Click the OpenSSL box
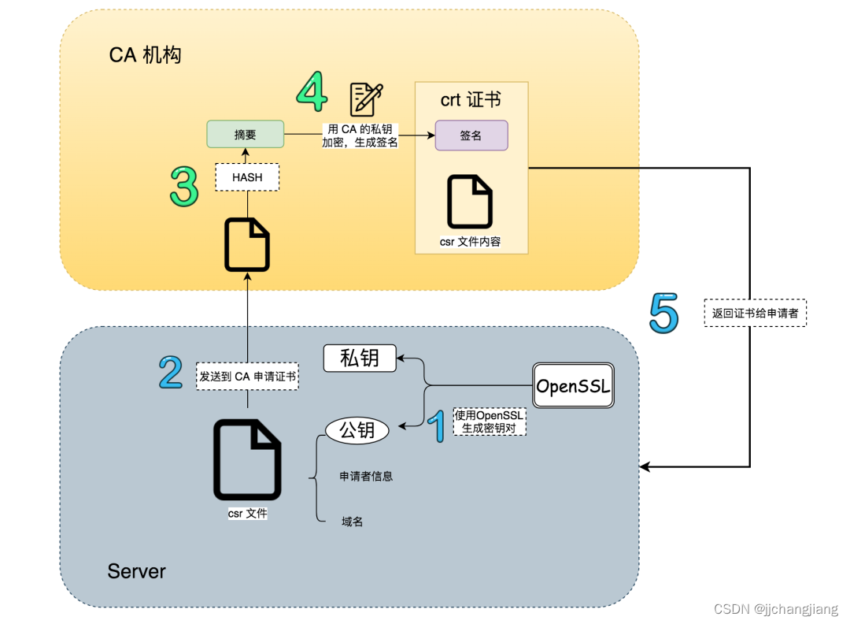click(573, 385)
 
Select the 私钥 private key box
click(360, 358)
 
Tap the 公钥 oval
click(357, 430)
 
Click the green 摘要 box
click(245, 135)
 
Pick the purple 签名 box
click(471, 136)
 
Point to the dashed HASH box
click(247, 177)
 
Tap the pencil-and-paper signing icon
click(366, 99)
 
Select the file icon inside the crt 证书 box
click(470, 202)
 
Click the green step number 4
click(312, 93)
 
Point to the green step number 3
click(184, 187)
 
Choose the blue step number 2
click(171, 373)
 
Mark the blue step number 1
click(438, 425)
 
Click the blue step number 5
click(663, 313)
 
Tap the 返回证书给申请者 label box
click(756, 314)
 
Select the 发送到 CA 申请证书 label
click(248, 377)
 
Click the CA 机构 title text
click(145, 55)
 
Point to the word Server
click(137, 571)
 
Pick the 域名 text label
click(352, 522)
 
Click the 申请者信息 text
click(366, 476)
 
